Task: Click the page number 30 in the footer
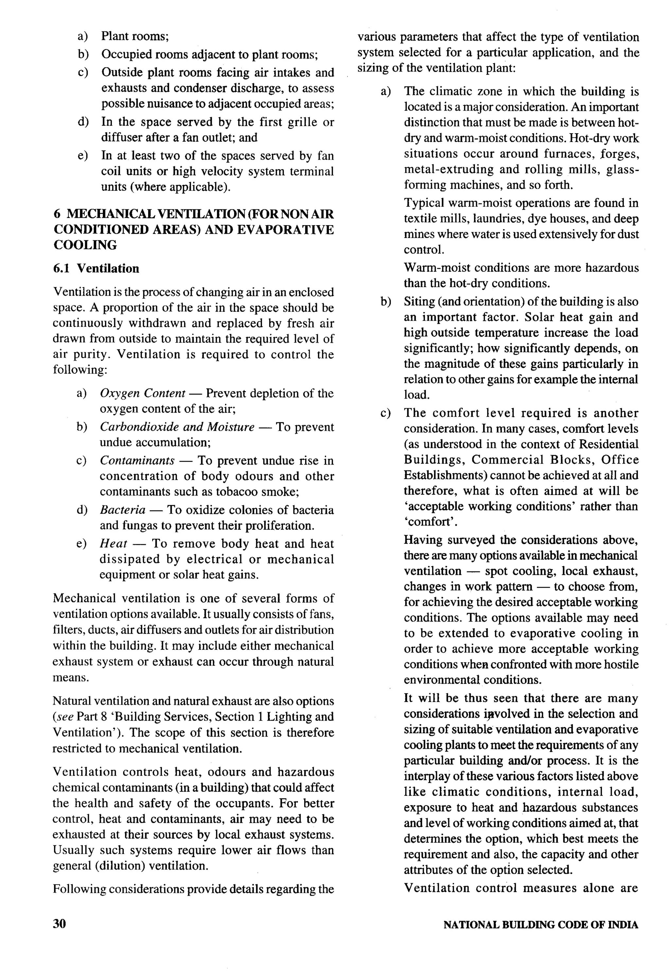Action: [60, 924]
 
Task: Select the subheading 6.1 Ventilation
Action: [96, 268]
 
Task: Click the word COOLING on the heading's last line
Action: [85, 245]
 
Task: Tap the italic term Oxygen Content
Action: [143, 393]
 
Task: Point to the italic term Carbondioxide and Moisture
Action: [177, 427]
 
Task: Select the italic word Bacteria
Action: [123, 510]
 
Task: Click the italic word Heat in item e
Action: [113, 544]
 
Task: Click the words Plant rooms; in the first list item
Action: [135, 36]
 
